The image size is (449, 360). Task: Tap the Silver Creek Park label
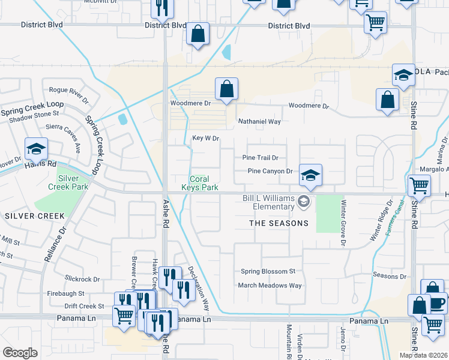[x=73, y=182]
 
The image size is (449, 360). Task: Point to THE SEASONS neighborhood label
[x=279, y=223]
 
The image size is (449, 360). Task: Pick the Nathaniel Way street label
[x=259, y=121]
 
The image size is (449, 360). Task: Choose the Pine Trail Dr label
[x=260, y=158]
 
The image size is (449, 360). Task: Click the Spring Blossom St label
[x=268, y=271]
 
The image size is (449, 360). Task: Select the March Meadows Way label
[x=270, y=286]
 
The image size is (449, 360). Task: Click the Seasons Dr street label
[x=390, y=276]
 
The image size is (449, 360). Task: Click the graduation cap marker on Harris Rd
[x=36, y=148]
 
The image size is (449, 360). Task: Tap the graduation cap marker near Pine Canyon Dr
[x=310, y=175]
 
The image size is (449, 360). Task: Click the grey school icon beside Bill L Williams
[x=304, y=202]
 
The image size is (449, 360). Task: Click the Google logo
[x=20, y=353]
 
